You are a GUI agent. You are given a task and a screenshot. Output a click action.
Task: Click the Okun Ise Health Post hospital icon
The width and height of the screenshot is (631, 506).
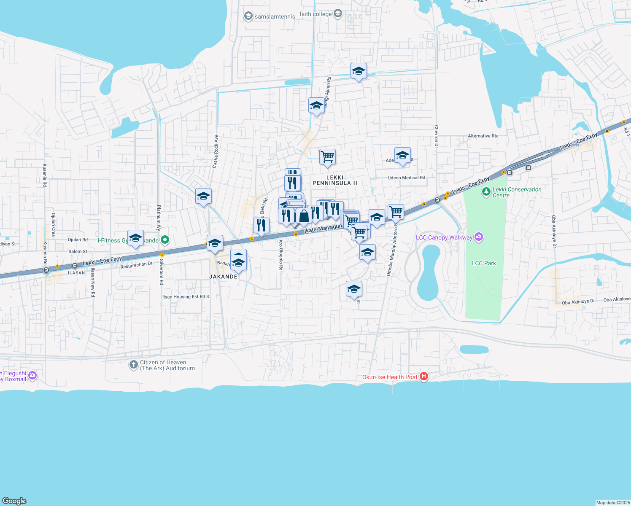pos(424,377)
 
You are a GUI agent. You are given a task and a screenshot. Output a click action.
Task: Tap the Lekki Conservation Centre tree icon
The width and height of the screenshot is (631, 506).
pos(486,192)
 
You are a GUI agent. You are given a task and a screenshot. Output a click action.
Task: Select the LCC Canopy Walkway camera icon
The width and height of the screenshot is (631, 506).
pos(478,237)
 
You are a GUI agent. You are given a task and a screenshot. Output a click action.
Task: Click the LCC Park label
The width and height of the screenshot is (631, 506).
pos(484,263)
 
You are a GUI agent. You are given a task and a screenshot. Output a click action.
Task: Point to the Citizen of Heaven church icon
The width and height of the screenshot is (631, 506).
pos(133,365)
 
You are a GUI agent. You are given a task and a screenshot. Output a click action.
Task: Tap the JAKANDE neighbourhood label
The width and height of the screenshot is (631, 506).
pos(223,277)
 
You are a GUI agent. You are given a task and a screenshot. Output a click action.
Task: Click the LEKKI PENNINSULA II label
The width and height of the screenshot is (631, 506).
pos(335,180)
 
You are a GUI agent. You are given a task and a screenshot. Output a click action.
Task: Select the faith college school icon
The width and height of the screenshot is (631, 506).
pos(337,14)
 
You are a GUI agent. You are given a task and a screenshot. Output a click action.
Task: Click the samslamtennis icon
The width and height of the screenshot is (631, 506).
pos(248,16)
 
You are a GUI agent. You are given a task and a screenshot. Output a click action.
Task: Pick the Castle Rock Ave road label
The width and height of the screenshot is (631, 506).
pos(216,151)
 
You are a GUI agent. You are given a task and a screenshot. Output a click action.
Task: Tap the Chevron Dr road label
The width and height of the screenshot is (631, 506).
pos(437,139)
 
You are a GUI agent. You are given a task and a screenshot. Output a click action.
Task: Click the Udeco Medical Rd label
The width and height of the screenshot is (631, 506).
pos(406,178)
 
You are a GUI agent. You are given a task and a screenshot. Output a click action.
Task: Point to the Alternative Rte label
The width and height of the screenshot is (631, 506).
pos(483,136)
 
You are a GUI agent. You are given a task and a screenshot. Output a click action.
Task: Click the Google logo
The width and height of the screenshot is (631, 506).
pos(14,501)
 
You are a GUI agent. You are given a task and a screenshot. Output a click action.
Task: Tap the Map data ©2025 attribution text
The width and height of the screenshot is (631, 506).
pos(612,503)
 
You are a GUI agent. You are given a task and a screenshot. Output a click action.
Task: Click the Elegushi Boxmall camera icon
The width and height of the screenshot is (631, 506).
pos(32,375)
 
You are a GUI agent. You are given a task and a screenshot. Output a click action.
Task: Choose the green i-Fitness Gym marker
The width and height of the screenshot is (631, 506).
pos(165,240)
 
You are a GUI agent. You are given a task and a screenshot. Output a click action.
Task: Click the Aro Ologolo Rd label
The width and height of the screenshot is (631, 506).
pos(280,255)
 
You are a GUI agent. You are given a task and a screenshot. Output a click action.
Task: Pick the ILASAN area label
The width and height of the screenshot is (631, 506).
pos(76,273)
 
